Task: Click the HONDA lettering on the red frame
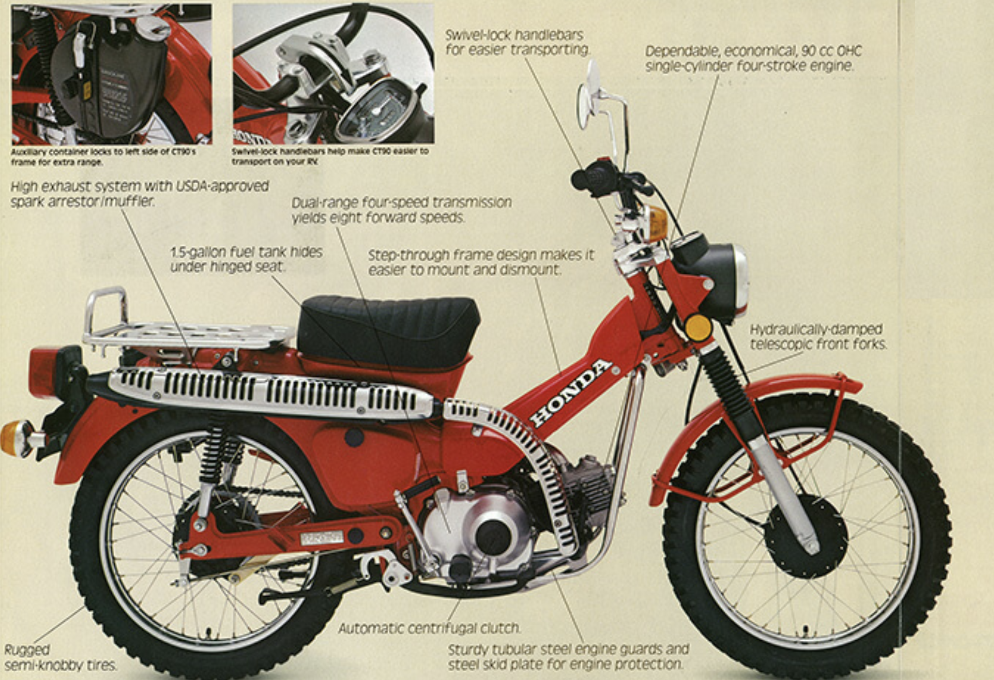[x=571, y=392]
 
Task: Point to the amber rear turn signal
[x=16, y=438]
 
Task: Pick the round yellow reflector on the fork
[x=698, y=327]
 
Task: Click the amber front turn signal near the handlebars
[x=657, y=224]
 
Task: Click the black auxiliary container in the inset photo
[x=109, y=81]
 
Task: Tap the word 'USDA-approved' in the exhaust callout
[x=222, y=186]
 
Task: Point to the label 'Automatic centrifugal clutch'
[x=429, y=628]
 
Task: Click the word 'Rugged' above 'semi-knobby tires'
[x=27, y=650]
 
